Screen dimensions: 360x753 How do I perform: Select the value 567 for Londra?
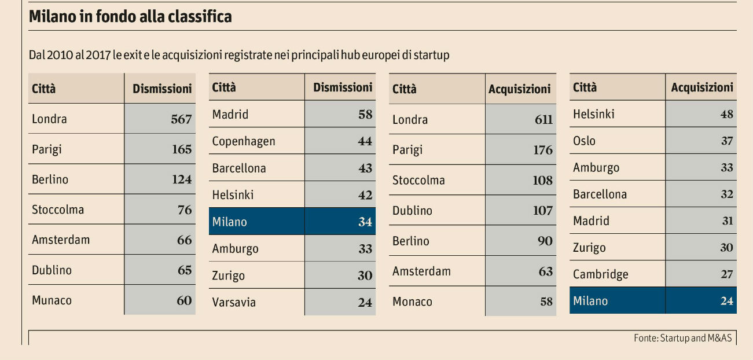click(181, 119)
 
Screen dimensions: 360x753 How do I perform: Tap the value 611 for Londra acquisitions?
click(543, 120)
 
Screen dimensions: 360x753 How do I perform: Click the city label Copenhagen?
click(244, 141)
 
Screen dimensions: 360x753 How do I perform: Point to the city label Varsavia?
click(234, 302)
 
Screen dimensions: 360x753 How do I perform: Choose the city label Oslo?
click(584, 141)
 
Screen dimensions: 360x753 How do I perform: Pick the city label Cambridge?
click(600, 274)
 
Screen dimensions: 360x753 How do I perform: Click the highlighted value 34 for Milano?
click(365, 222)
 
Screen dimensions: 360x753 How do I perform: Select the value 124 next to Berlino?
click(182, 179)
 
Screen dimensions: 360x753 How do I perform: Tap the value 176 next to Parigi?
click(543, 150)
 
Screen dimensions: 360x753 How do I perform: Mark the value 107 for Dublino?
click(543, 210)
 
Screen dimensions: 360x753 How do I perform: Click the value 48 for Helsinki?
click(727, 114)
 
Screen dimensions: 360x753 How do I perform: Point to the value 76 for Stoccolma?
click(185, 210)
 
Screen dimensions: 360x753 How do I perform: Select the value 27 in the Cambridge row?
click(727, 274)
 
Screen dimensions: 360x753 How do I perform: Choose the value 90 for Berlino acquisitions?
click(545, 241)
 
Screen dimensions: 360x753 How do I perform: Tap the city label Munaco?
click(52, 300)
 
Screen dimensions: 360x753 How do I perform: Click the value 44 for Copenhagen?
click(365, 141)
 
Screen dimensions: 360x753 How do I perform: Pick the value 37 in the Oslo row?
click(727, 141)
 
